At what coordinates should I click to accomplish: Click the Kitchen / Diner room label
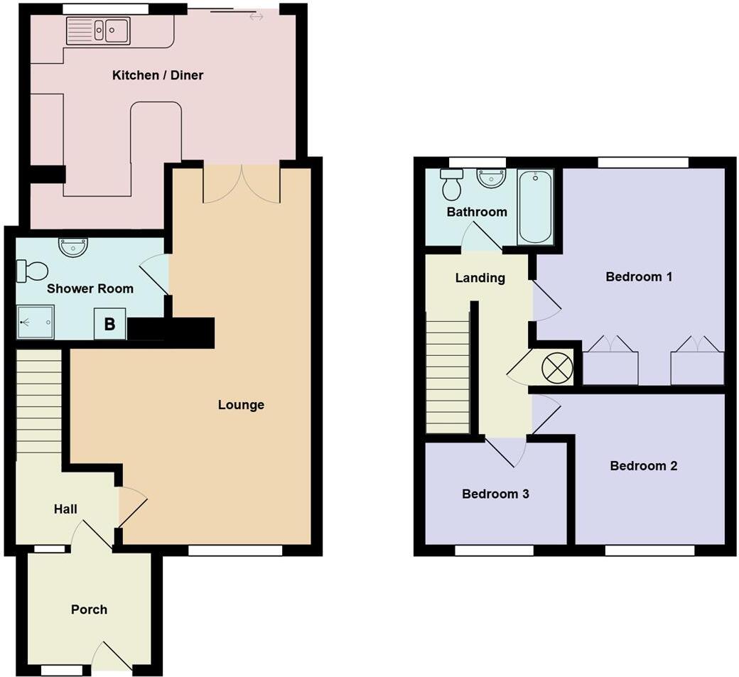(158, 75)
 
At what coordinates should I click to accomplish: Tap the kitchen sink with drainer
(98, 31)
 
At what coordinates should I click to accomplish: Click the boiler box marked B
(109, 324)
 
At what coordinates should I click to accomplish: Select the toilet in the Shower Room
(33, 271)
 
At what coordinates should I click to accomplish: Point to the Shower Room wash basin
(73, 247)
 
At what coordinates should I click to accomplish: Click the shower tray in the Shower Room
(35, 323)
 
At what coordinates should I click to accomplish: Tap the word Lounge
(241, 405)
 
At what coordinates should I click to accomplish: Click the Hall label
(65, 509)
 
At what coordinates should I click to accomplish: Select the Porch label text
(90, 610)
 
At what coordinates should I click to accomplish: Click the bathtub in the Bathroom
(536, 206)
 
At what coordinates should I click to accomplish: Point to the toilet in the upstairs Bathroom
(451, 184)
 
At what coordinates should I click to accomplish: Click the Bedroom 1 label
(639, 276)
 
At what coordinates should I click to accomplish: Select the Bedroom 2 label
(643, 466)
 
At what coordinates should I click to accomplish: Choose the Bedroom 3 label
(495, 494)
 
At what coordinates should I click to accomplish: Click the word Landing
(480, 278)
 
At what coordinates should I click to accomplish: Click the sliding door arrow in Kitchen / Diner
(257, 16)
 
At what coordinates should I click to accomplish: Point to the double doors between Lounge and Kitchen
(242, 183)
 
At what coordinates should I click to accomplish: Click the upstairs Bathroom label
(477, 212)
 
